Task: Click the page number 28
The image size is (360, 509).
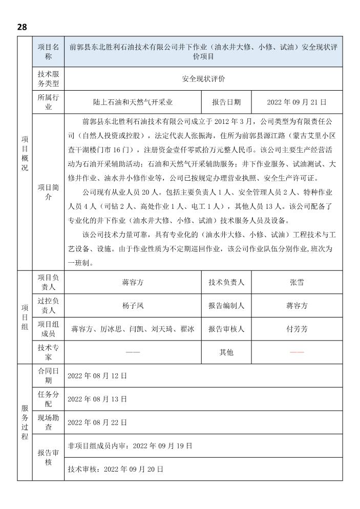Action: pos(22,26)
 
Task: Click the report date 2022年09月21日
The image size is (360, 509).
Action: pos(297,102)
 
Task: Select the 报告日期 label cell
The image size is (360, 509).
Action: pos(226,102)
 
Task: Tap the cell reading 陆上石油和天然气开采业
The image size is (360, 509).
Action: pos(133,102)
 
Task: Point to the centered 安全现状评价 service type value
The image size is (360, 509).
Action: pos(203,79)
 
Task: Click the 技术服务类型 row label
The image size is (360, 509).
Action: pos(49,79)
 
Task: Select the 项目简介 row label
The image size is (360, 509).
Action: pos(49,192)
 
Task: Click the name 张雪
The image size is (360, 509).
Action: pos(297,282)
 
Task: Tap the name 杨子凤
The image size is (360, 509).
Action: pos(133,306)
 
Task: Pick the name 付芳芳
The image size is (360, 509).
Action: pos(297,329)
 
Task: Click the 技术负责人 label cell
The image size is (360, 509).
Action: pos(226,282)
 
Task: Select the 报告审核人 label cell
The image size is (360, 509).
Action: pos(226,329)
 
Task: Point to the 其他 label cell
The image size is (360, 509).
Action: pos(226,352)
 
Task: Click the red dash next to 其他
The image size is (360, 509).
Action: pos(297,352)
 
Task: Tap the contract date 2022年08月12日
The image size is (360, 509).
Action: pos(97,376)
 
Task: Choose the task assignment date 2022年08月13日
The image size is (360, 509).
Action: pos(97,399)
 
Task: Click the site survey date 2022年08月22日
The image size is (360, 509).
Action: pos(97,422)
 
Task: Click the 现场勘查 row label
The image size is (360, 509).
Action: pos(49,422)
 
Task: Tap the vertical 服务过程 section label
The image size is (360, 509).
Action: pos(25,422)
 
